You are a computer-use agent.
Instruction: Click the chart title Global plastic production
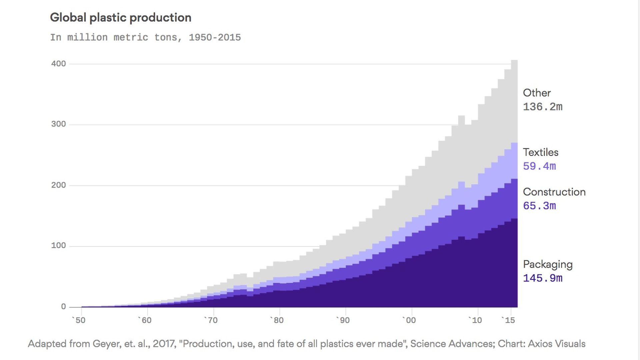[x=120, y=18]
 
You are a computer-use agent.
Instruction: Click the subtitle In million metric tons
[x=145, y=37]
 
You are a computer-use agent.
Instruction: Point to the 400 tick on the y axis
[x=59, y=64]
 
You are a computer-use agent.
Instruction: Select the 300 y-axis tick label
[x=59, y=124]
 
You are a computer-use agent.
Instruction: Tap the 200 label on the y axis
[x=59, y=185]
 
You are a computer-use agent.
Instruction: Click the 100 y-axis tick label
[x=59, y=246]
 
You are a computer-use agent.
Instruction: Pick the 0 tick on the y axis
[x=63, y=307]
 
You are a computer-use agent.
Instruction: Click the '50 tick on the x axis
[x=79, y=320]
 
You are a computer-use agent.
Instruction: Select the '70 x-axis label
[x=211, y=320]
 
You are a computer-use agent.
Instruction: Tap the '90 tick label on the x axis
[x=343, y=320]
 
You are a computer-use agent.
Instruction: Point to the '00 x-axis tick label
[x=409, y=320]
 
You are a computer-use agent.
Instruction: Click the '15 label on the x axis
[x=508, y=320]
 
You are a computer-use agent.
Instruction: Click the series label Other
[x=537, y=93]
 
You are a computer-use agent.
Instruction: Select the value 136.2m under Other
[x=542, y=107]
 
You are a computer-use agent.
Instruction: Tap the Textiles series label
[x=540, y=152]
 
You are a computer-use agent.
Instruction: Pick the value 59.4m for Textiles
[x=539, y=166]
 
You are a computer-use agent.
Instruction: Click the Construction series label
[x=554, y=192]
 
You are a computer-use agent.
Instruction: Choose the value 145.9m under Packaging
[x=542, y=278]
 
